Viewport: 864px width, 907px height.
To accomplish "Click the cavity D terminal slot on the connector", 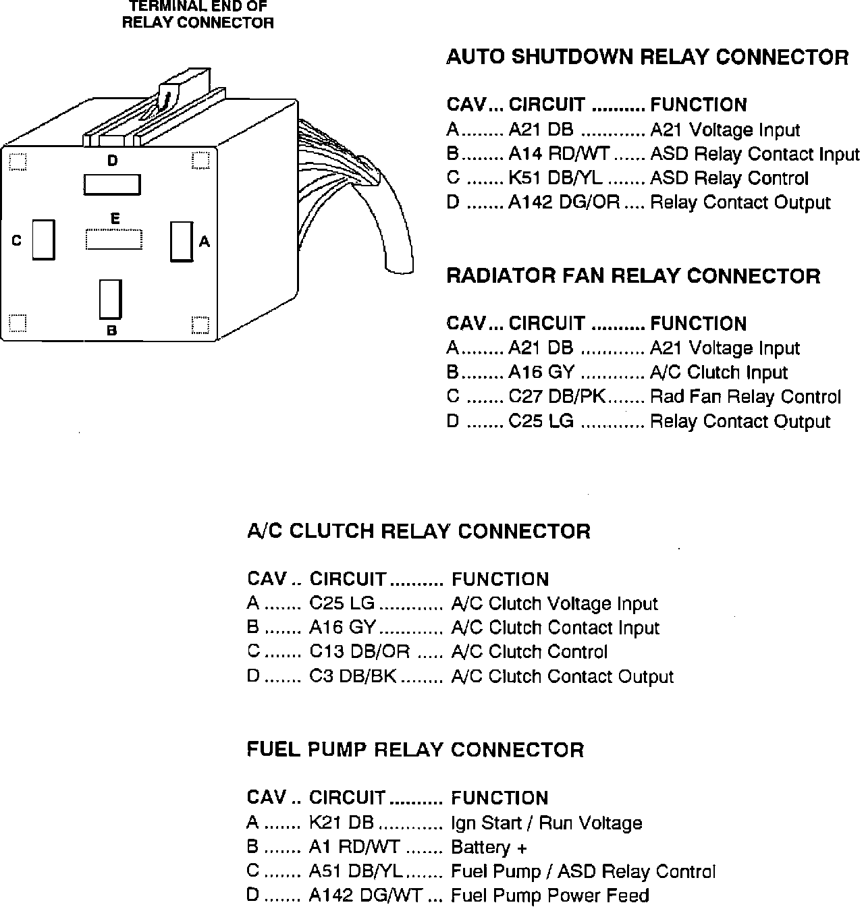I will pyautogui.click(x=112, y=184).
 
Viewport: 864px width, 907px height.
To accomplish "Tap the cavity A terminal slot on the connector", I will pyautogui.click(x=180, y=241).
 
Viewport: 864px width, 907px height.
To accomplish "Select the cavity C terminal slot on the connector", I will pyautogui.click(x=43, y=240).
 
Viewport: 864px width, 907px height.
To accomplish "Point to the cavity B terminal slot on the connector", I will pyautogui.click(x=110, y=300).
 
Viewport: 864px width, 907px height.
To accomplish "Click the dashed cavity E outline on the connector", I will pyautogui.click(x=115, y=240).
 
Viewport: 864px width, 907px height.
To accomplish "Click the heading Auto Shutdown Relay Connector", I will pyautogui.click(x=647, y=57).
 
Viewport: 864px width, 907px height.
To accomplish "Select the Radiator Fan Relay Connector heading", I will pyautogui.click(x=633, y=276).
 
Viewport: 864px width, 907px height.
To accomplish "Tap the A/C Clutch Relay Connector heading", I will pyautogui.click(x=418, y=531).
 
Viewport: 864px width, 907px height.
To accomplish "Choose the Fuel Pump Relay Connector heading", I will pyautogui.click(x=415, y=750).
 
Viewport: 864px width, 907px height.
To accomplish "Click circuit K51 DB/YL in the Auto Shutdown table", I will pyautogui.click(x=556, y=179).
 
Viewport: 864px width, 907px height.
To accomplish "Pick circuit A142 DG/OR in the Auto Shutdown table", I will pyautogui.click(x=564, y=203).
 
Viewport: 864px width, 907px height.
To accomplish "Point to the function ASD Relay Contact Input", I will pyautogui.click(x=755, y=155).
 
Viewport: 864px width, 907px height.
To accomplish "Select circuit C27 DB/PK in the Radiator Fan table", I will pyautogui.click(x=557, y=397).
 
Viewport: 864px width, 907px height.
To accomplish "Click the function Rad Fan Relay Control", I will pyautogui.click(x=745, y=397).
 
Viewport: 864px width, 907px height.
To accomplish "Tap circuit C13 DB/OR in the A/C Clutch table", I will pyautogui.click(x=359, y=653).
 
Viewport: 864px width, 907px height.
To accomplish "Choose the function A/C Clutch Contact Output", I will pyautogui.click(x=562, y=677).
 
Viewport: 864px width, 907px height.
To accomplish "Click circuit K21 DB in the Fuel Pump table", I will pyautogui.click(x=341, y=823).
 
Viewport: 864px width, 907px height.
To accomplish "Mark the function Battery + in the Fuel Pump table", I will pyautogui.click(x=489, y=848).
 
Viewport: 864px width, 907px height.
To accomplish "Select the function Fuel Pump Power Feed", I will pyautogui.click(x=549, y=896).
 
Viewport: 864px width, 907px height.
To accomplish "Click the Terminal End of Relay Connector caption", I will pyautogui.click(x=198, y=15).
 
